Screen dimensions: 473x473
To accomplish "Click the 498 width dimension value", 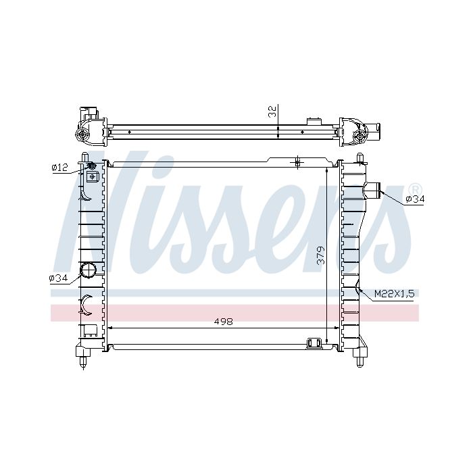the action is [x=223, y=322].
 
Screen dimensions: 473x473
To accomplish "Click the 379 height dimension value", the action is [x=321, y=255].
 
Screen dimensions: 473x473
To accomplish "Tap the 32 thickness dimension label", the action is [x=272, y=111].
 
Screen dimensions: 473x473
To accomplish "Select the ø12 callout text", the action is [x=59, y=167].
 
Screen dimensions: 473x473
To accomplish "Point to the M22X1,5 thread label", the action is [x=395, y=293].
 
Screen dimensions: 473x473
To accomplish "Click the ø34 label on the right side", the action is [x=415, y=199].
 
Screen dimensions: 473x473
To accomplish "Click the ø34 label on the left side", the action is [x=58, y=278].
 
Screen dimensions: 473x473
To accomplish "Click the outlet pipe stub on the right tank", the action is [x=373, y=191].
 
